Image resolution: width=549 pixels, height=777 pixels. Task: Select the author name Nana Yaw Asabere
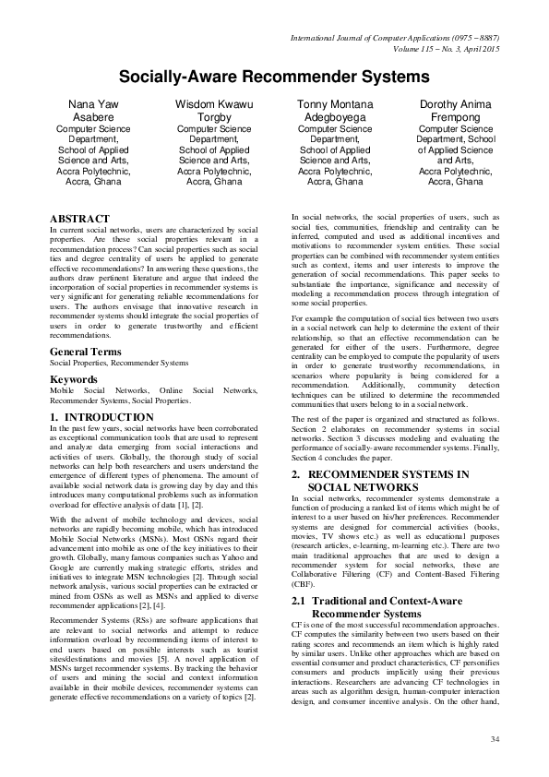(x=90, y=112)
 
